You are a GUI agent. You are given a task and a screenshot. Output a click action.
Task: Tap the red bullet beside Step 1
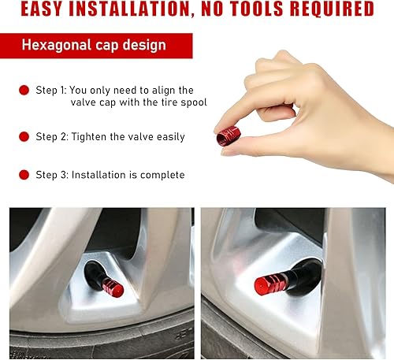coord(24,91)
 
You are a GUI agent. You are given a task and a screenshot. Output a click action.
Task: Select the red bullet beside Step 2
coord(24,136)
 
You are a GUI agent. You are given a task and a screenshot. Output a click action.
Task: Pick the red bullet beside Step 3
coord(24,175)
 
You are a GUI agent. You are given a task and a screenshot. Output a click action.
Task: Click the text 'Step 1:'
coord(52,91)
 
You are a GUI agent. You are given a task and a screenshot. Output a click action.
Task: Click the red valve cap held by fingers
coord(229,135)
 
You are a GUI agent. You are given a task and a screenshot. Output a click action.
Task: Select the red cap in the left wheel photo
coord(113,288)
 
